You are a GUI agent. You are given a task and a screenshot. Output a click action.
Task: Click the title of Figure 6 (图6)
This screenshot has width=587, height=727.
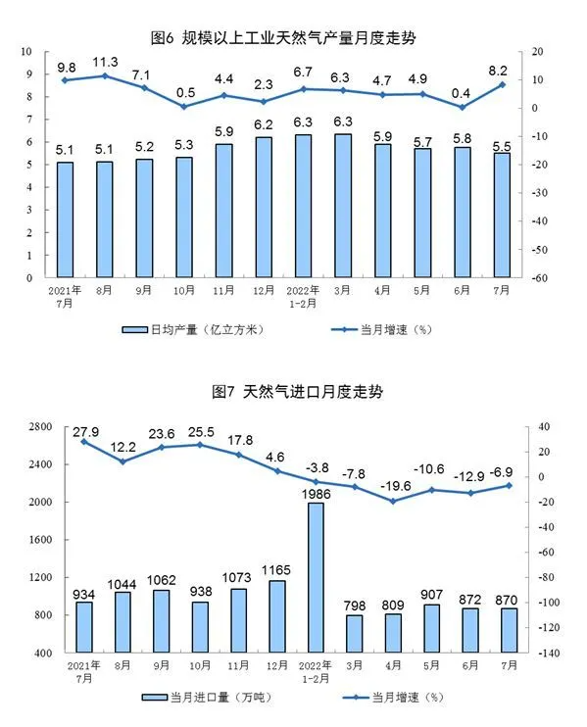pos(283,37)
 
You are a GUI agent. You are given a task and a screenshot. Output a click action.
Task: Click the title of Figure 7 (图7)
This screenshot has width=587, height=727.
pos(298,392)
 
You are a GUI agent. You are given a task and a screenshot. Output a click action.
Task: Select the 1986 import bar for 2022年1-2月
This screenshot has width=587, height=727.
pos(317,578)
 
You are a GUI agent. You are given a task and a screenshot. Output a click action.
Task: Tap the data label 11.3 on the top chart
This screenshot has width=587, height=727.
pos(105,62)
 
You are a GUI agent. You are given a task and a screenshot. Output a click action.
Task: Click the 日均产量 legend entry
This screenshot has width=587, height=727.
pos(193,329)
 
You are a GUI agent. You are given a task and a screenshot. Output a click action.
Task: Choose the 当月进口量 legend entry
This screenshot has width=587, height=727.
pos(207,698)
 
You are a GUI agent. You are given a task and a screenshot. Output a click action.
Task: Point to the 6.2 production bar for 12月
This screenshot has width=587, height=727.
pos(264,208)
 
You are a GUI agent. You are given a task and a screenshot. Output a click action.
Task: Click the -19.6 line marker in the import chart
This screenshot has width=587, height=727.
pos(393,502)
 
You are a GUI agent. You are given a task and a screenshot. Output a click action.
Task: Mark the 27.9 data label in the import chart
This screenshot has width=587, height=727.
pos(86,432)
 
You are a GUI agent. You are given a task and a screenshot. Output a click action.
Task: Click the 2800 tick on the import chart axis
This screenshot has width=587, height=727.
pos(40,426)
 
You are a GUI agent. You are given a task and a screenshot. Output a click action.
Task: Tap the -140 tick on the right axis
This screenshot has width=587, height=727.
pos(549,653)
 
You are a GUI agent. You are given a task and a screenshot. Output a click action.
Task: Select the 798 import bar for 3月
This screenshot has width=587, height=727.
pos(355,634)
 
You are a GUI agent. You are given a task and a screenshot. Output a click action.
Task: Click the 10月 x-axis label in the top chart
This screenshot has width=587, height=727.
pos(184,291)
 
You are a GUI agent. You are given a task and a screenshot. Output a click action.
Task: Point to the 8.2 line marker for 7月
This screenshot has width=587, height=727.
pos(502,85)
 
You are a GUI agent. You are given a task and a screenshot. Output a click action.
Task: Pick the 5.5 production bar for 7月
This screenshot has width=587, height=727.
pos(502,216)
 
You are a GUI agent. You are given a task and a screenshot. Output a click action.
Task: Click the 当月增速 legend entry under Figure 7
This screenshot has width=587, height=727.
pos(394,698)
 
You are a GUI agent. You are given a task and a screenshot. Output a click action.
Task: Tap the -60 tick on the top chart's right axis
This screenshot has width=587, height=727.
pos(540,278)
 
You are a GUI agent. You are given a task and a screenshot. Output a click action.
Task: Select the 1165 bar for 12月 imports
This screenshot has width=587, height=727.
pos(277,616)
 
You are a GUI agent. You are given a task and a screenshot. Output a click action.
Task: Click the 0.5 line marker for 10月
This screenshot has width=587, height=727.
pos(184,107)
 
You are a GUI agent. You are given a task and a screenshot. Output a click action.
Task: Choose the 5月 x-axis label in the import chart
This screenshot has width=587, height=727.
pos(431,665)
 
